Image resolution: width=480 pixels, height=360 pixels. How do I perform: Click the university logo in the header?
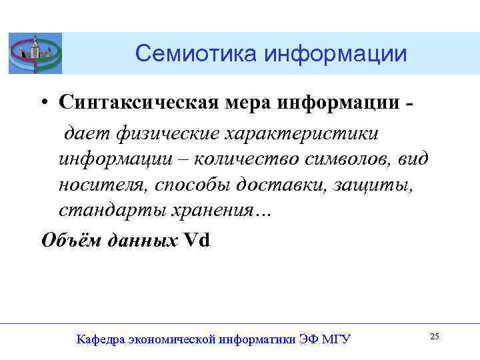35,53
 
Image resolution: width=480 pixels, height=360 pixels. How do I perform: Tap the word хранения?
214,210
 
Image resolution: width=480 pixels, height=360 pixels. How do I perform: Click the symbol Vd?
197,239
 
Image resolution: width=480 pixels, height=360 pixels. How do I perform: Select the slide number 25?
434,337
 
